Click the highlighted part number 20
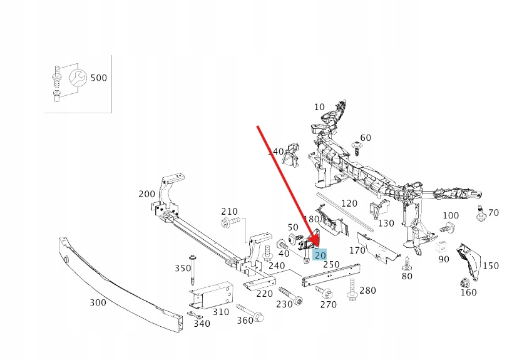tap(320, 255)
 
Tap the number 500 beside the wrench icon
tap(99, 78)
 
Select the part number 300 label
tap(98, 303)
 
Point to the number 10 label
tap(319, 107)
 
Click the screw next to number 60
tap(357, 149)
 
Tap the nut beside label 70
tap(481, 217)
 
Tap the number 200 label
tap(146, 194)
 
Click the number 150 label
tap(491, 265)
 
